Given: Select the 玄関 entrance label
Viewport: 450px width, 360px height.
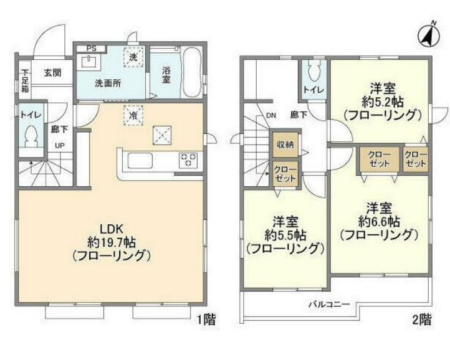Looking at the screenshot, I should click(52, 72).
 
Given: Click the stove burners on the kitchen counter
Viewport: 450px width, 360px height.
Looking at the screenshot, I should click(188, 159).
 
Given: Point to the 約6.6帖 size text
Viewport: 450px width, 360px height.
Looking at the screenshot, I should click(378, 221).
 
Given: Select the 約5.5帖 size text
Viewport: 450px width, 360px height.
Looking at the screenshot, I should click(285, 235).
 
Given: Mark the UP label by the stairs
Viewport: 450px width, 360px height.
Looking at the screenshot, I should click(60, 146).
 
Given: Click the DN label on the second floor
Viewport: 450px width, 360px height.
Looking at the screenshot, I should click(271, 115).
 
